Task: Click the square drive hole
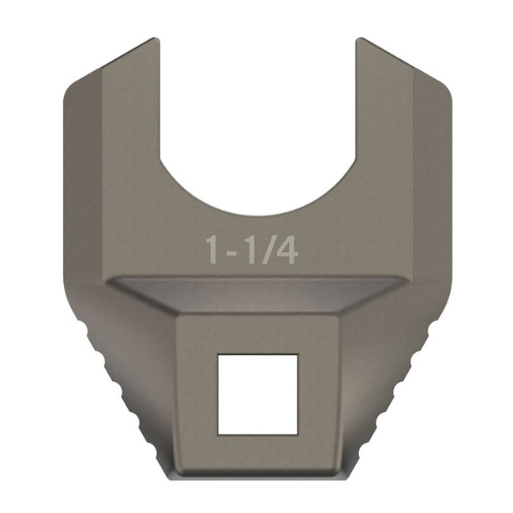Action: point(257,394)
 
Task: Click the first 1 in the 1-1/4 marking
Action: point(212,249)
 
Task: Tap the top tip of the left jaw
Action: point(152,41)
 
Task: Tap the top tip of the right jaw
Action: point(361,41)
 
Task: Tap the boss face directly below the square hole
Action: point(257,454)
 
